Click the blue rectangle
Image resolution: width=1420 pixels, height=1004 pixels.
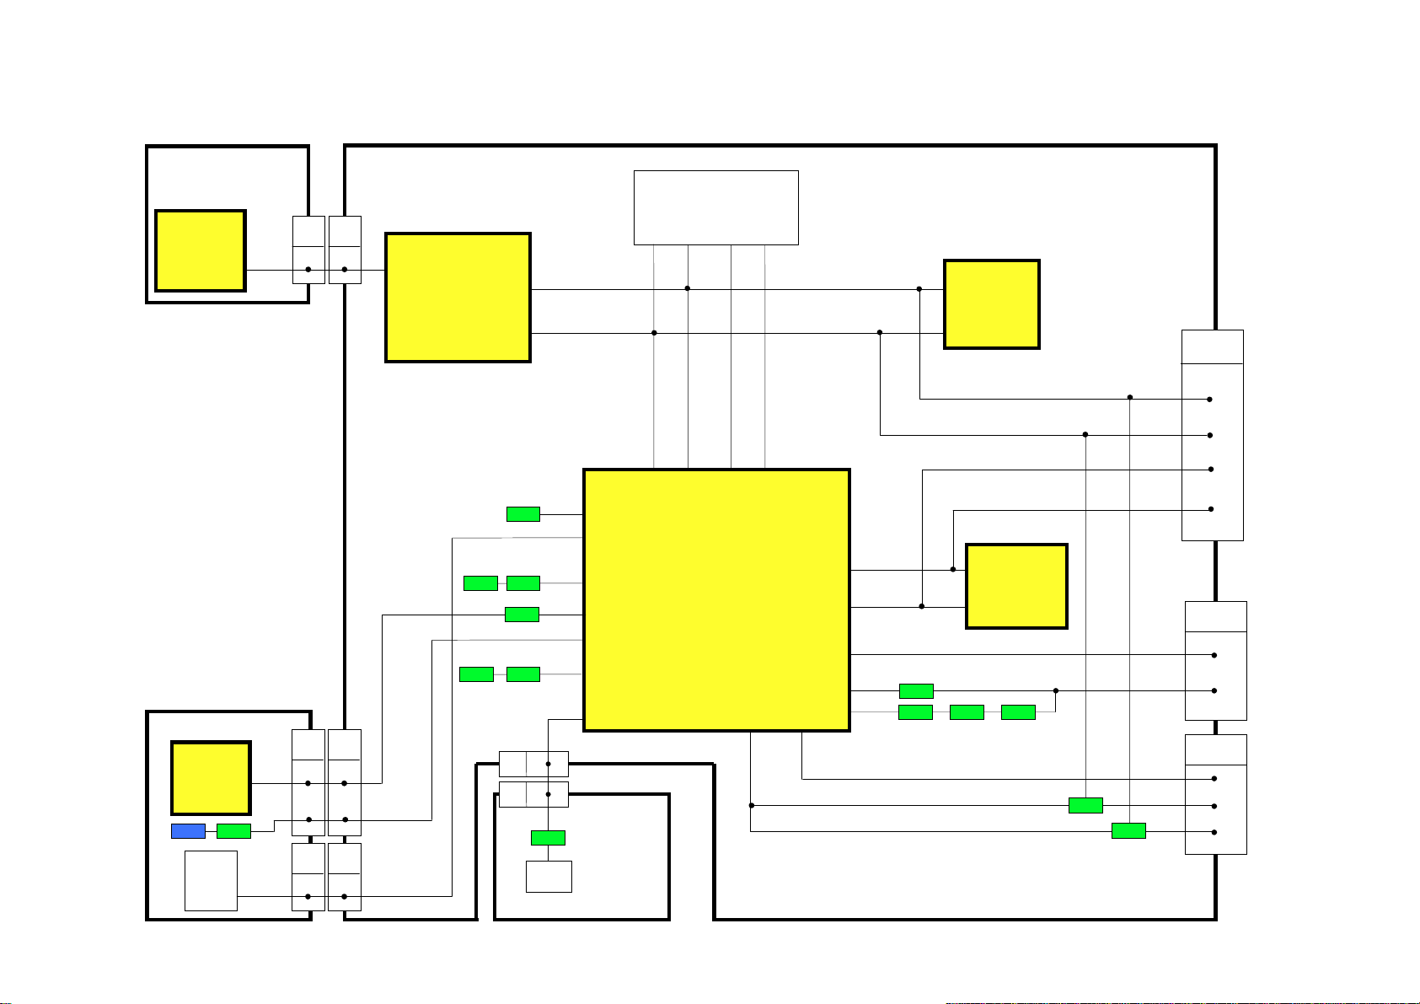point(188,831)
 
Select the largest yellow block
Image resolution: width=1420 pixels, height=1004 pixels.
point(716,599)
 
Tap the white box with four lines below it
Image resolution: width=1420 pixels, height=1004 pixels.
point(715,207)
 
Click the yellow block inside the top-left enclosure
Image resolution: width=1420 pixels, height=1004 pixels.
point(201,250)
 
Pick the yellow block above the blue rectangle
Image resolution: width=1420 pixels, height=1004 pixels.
point(211,777)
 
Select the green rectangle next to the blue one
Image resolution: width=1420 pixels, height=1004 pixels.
point(233,831)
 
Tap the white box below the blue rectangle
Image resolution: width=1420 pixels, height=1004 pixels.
point(211,880)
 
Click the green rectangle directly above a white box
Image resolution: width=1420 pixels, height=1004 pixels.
point(548,838)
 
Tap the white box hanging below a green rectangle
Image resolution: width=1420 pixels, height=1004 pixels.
point(549,876)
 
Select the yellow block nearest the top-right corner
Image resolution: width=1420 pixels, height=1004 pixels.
point(991,304)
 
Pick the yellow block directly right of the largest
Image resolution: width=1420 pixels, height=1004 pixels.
point(1016,586)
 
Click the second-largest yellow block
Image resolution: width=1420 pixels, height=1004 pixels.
point(458,298)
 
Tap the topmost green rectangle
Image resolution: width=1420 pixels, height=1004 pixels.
point(522,514)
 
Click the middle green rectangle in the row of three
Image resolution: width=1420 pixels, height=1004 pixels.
point(967,712)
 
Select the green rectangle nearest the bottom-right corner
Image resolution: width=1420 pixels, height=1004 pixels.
point(1128,831)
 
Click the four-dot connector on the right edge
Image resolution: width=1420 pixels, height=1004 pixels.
point(1212,435)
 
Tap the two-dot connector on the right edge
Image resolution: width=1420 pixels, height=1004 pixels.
point(1215,660)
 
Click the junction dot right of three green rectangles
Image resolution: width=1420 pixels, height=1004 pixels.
point(1055,690)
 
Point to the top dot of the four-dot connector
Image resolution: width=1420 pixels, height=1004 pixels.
point(1210,400)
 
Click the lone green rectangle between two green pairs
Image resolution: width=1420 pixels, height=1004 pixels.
point(522,615)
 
